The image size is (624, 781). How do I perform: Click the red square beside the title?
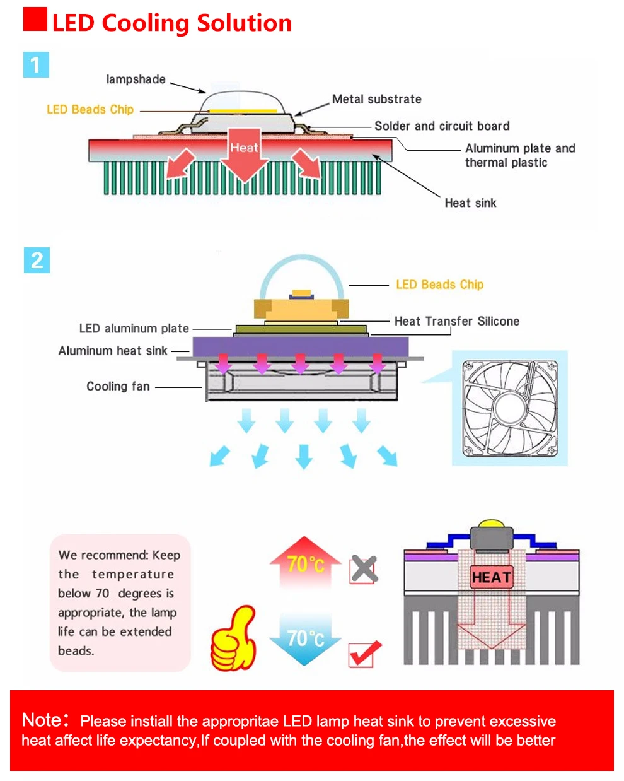point(35,19)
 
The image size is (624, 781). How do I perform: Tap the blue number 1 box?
point(36,64)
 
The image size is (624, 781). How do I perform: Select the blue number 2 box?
point(37,260)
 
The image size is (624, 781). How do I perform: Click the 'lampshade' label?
point(136,79)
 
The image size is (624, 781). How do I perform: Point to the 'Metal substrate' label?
point(377,99)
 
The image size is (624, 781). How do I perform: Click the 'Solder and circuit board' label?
point(442,126)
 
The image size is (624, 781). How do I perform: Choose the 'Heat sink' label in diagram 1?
point(470,203)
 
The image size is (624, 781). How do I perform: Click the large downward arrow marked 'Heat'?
point(245,154)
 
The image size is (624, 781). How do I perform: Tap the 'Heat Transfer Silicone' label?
point(457,321)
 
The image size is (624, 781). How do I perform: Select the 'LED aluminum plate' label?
point(134,329)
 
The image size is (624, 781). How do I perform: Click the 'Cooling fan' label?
point(118,386)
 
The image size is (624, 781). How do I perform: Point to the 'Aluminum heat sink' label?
point(113,351)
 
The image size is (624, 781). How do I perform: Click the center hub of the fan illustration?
point(510,408)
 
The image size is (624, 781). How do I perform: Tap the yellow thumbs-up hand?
point(234,638)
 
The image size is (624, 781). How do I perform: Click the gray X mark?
point(364,568)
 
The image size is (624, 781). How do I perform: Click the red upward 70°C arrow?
point(305,562)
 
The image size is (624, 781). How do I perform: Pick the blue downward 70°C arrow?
point(305,640)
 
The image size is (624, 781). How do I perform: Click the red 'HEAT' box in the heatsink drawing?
point(492,577)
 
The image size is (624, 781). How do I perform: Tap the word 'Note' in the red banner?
point(42,720)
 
